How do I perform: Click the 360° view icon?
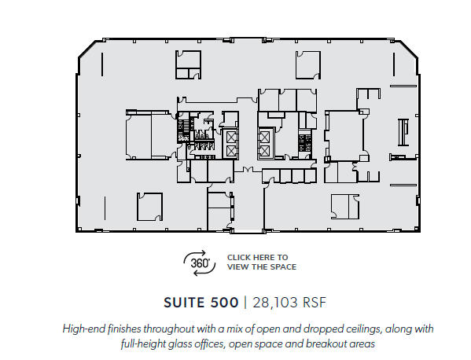pyautogui.click(x=199, y=263)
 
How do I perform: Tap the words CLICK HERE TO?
pyautogui.click(x=257, y=257)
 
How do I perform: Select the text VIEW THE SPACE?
pyautogui.click(x=261, y=267)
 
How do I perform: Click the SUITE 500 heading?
pyautogui.click(x=201, y=302)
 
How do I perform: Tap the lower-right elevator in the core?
pyautogui.click(x=265, y=151)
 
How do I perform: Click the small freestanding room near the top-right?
pyautogui.click(x=307, y=64)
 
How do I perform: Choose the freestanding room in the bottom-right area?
pyautogui.click(x=344, y=205)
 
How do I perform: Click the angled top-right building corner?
pyautogui.click(x=410, y=48)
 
